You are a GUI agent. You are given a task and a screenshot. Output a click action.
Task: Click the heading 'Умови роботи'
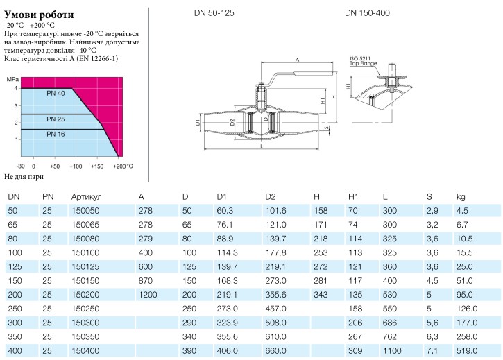click(39, 15)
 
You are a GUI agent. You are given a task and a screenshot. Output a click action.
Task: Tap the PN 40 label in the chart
click(56, 94)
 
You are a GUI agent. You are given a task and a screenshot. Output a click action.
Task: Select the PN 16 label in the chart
click(56, 134)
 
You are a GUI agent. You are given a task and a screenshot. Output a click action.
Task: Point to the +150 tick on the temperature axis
click(97, 166)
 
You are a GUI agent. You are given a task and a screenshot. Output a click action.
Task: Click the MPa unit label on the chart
click(12, 79)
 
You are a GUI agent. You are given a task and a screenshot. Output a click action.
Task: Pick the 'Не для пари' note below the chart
click(24, 177)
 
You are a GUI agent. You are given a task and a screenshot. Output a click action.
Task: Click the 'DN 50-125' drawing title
click(214, 13)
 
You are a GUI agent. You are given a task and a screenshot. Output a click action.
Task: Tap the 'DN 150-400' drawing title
click(367, 13)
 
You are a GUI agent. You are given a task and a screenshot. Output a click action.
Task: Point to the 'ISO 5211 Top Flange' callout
click(363, 61)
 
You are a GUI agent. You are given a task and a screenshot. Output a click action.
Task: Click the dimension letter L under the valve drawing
click(262, 146)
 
